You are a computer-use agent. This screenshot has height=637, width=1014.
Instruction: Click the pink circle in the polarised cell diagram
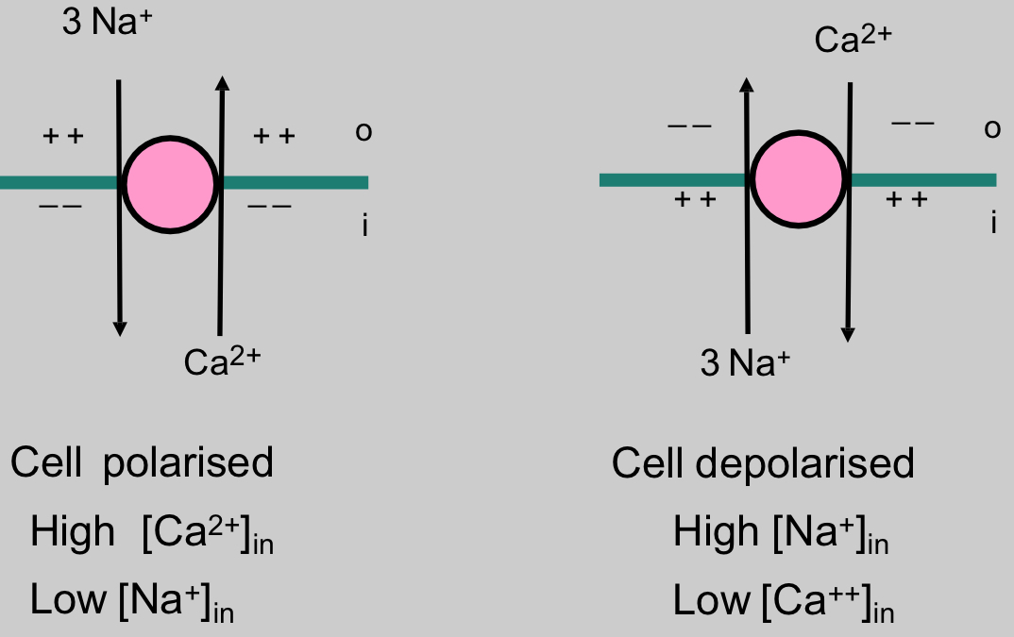(x=170, y=183)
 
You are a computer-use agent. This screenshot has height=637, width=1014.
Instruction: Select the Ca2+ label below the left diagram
(x=222, y=361)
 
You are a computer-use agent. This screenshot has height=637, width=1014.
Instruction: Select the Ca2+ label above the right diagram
(x=853, y=41)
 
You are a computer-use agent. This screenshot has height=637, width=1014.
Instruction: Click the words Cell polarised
(x=142, y=463)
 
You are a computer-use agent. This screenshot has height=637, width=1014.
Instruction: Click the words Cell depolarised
(x=763, y=463)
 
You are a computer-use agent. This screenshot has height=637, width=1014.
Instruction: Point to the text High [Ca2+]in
(x=152, y=534)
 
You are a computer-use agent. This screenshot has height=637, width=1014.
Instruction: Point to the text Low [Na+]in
(x=132, y=601)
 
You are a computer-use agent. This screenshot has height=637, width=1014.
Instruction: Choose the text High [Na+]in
(x=781, y=534)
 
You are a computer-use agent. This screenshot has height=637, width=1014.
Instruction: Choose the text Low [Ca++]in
(x=784, y=601)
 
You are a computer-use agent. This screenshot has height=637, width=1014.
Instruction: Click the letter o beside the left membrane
(x=363, y=132)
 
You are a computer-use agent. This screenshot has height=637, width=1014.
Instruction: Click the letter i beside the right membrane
(x=993, y=223)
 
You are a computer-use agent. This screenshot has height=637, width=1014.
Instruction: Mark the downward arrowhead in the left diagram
(x=119, y=327)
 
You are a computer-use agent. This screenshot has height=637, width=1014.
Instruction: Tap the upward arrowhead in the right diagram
(x=746, y=84)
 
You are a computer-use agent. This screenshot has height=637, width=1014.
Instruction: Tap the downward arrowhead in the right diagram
(x=848, y=333)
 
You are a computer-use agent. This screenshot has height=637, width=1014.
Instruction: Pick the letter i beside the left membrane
(x=364, y=226)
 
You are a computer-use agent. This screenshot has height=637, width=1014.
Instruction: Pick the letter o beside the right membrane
(x=992, y=129)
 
